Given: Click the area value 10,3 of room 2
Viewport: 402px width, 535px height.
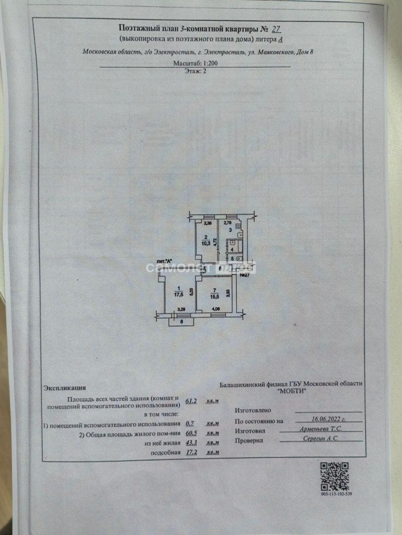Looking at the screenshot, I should point(206,242).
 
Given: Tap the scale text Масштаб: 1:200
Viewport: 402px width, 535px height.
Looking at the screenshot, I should point(199,65).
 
